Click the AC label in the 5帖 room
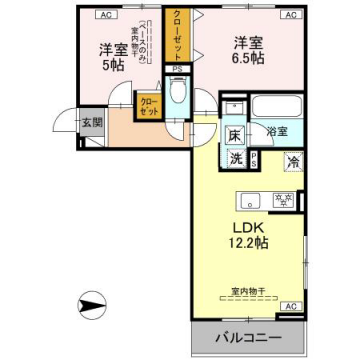[x=105, y=16]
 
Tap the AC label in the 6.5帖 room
[x=290, y=16]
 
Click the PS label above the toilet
[x=178, y=70]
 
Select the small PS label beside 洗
[x=253, y=158]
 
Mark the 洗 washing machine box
[x=234, y=157]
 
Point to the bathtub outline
[x=274, y=106]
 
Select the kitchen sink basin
[x=249, y=196]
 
